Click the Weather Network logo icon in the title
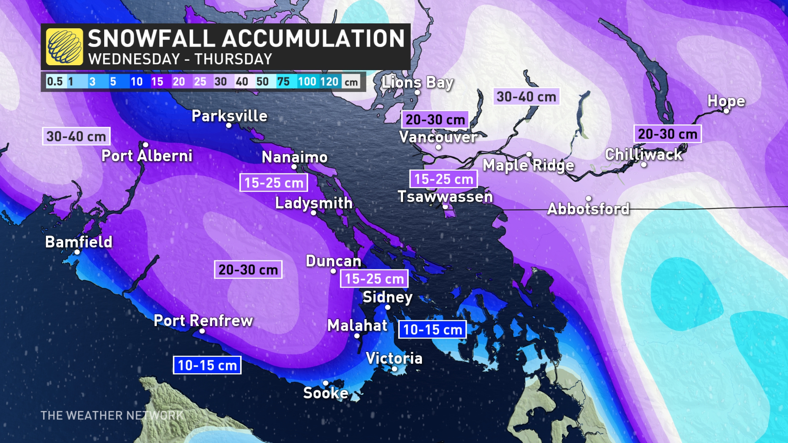(64, 47)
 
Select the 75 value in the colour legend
(283, 82)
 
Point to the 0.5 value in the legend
(55, 82)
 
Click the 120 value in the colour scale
(329, 82)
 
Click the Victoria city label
(394, 359)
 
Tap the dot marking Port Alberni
(145, 145)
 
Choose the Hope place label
(726, 101)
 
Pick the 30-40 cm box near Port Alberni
(76, 137)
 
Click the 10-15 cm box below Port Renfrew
(207, 365)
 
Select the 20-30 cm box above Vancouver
(435, 120)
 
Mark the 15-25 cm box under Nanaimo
(274, 183)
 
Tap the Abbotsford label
(588, 209)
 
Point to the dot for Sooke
(325, 383)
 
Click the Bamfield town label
(79, 242)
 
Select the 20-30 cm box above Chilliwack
(668, 134)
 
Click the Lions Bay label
(417, 82)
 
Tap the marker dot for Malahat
(357, 336)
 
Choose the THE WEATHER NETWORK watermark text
(112, 416)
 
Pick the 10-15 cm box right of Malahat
(433, 330)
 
